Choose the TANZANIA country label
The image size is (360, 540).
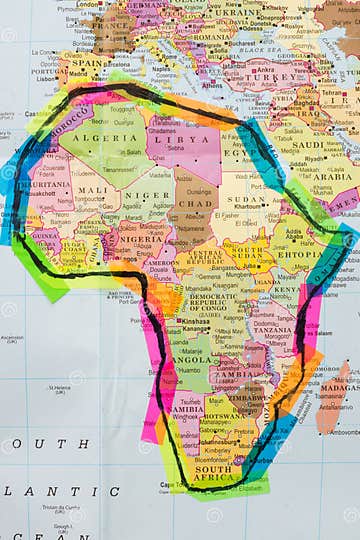272,329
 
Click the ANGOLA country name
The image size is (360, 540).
192,359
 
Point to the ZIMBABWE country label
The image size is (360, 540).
248,395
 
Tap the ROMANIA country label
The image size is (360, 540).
213,35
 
